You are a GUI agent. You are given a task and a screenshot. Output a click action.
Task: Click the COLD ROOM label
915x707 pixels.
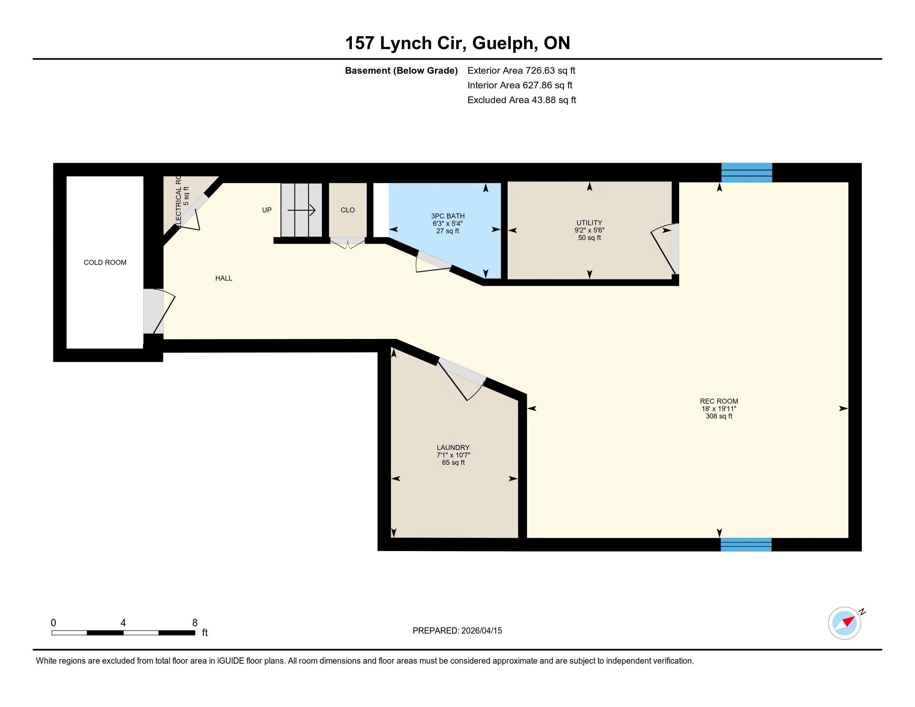pos(105,262)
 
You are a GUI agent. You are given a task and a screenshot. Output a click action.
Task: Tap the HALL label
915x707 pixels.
pos(224,278)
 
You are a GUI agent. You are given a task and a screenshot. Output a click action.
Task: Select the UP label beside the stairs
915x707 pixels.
pos(267,210)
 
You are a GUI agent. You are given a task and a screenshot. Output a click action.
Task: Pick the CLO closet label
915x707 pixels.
pos(348,210)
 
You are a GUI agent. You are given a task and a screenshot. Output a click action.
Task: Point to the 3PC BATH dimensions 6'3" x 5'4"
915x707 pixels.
pos(448,224)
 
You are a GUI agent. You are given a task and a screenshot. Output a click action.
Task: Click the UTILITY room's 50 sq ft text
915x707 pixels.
pos(589,238)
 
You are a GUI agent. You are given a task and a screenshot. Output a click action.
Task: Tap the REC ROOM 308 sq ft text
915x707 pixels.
pos(719,416)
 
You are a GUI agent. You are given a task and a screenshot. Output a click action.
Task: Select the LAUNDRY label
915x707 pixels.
pos(453,447)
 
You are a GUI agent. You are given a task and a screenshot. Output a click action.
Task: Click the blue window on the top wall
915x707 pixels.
pos(747,173)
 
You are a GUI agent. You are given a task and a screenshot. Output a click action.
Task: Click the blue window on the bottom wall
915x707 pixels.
pos(746,544)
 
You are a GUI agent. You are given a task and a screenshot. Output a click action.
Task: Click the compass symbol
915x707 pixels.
pos(845,623)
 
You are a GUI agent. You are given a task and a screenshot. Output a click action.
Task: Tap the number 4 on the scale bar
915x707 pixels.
pos(123,623)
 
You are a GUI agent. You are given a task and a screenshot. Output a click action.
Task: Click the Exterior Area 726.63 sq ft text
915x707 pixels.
pos(521,70)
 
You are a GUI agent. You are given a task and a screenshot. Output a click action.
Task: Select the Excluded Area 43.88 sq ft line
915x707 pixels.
pos(522,100)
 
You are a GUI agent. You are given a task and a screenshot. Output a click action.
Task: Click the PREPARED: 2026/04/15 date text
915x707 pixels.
pos(457,631)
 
